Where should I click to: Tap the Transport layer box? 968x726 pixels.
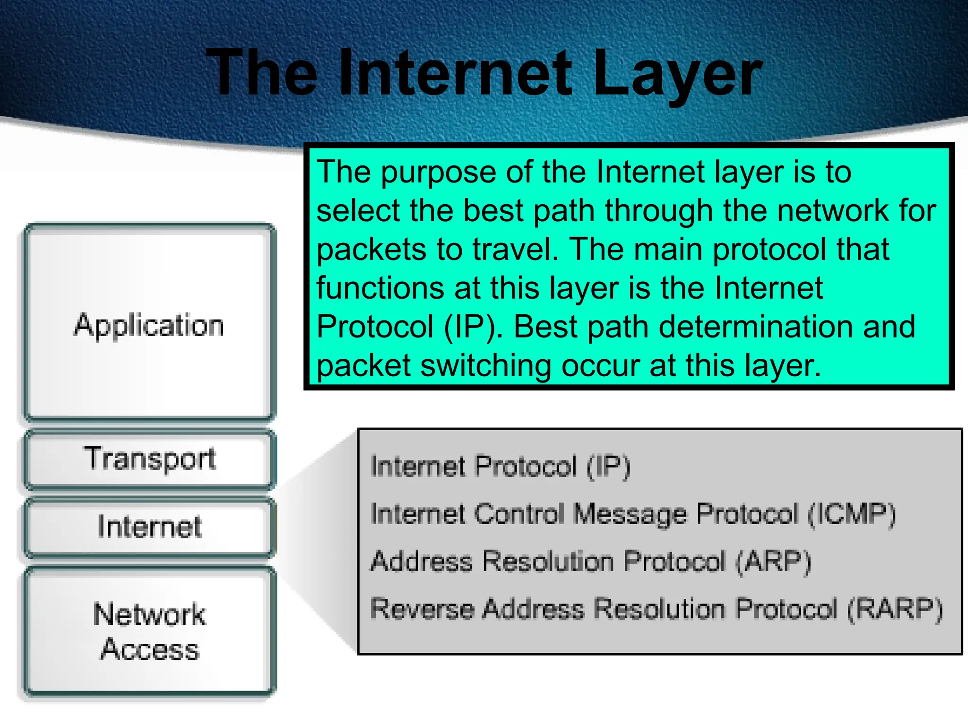149,458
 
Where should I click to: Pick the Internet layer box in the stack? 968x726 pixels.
149,527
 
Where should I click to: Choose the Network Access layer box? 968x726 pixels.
149,631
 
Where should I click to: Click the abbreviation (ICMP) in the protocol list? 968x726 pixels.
851,514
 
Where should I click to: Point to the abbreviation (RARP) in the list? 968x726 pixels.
894,609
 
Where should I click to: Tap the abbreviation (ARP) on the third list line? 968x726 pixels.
773,562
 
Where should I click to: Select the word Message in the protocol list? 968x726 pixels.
629,514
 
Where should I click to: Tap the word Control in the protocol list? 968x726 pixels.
519,514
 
